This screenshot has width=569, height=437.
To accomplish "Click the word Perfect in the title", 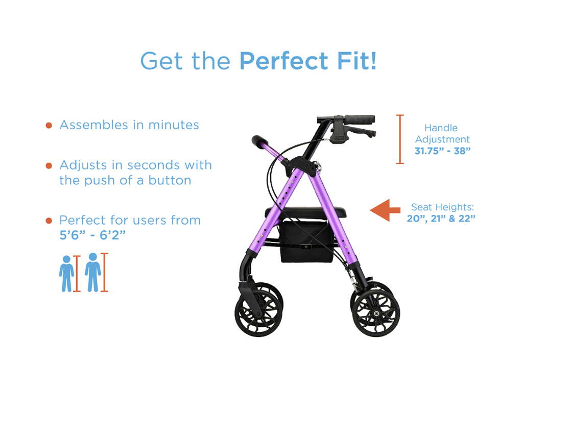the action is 284,61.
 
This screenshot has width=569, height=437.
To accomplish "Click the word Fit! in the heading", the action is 357,61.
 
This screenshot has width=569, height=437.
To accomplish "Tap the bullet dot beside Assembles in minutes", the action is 49,126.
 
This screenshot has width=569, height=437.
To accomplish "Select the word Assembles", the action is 93,125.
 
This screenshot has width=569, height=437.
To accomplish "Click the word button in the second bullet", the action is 170,180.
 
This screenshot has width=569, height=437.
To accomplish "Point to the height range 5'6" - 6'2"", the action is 92,235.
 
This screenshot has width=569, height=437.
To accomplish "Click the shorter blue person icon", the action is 66,274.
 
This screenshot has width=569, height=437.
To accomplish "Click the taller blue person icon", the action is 93,272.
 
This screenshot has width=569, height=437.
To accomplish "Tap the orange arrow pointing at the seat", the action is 385,210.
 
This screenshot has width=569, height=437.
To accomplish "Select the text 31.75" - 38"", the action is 442,151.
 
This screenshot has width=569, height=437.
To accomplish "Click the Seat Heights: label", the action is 442,207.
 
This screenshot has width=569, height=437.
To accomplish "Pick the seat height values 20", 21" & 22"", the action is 441,218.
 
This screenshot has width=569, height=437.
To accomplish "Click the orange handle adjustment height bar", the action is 400,139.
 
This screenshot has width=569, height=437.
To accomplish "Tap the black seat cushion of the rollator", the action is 305,211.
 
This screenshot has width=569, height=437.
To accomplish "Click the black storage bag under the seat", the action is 306,241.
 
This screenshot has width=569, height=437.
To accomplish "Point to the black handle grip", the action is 359,119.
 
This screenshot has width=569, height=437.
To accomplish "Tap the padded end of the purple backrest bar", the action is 260,141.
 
